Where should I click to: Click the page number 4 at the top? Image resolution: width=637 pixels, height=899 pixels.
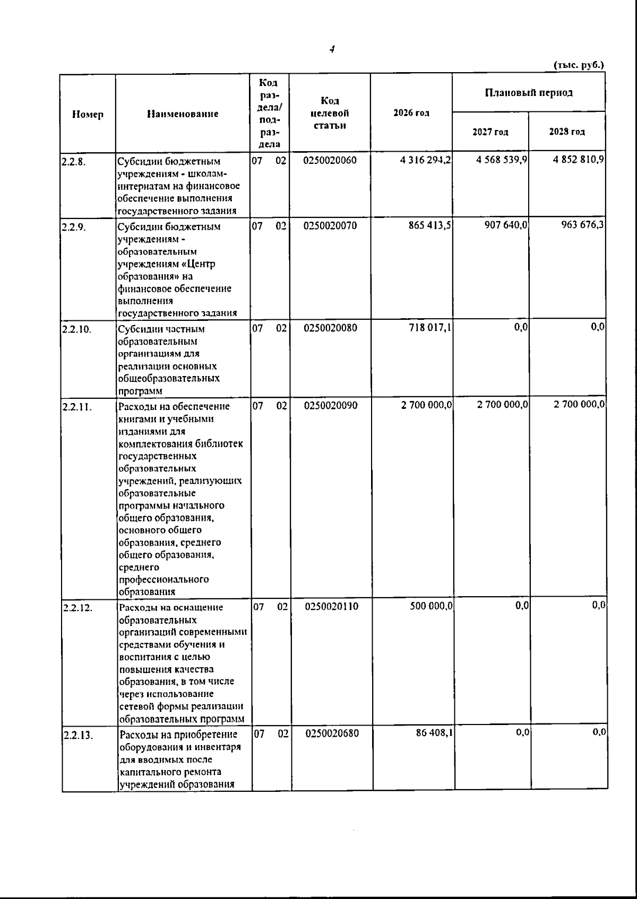(x=332, y=49)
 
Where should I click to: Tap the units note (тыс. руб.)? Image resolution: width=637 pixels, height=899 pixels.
(x=579, y=65)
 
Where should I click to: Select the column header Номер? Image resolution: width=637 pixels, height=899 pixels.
(x=88, y=114)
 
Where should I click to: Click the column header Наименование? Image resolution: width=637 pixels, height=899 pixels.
(x=183, y=114)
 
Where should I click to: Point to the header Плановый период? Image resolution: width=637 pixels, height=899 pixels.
(x=529, y=93)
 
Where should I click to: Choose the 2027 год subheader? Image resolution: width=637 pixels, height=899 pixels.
(x=490, y=132)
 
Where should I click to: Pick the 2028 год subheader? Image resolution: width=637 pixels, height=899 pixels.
(x=567, y=132)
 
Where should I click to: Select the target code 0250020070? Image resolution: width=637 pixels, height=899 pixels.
(x=330, y=226)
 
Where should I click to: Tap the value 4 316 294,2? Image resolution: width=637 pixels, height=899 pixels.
(x=426, y=161)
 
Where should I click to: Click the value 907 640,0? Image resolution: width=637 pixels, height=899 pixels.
(x=501, y=225)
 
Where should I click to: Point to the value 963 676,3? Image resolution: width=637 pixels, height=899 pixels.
(x=582, y=225)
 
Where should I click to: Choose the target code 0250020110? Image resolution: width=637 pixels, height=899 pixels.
(x=332, y=606)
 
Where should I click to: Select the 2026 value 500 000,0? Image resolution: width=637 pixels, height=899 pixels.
(x=431, y=606)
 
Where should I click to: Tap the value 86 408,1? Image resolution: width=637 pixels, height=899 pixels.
(x=434, y=734)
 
